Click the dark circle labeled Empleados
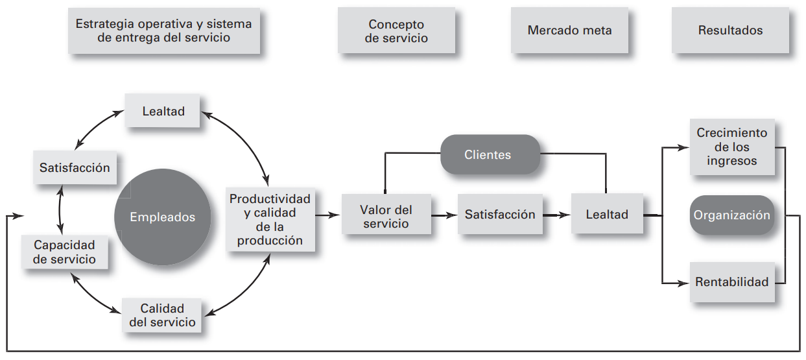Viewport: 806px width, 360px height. (x=162, y=217)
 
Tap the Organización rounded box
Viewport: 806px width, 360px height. (x=732, y=215)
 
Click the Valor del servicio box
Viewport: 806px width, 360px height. (x=386, y=216)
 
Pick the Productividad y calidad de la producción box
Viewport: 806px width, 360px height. (x=270, y=219)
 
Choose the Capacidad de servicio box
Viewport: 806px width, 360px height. (x=65, y=252)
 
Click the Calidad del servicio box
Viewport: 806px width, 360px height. (x=162, y=315)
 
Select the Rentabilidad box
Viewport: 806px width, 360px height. (x=731, y=282)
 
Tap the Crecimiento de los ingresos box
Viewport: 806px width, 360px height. (x=731, y=147)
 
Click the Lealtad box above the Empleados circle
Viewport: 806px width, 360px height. (x=163, y=112)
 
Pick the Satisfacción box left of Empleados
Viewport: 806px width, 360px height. (x=75, y=168)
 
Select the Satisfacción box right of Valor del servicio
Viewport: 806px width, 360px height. (x=500, y=215)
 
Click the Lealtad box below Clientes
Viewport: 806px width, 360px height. (x=607, y=215)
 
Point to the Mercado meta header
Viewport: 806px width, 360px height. (x=569, y=30)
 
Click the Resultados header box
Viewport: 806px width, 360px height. (x=730, y=30)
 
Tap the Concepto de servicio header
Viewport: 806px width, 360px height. (x=396, y=30)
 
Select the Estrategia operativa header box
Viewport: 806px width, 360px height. (x=163, y=30)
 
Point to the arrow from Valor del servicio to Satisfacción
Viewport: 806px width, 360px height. (x=445, y=215)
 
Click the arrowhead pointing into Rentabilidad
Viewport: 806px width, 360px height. (x=683, y=283)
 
